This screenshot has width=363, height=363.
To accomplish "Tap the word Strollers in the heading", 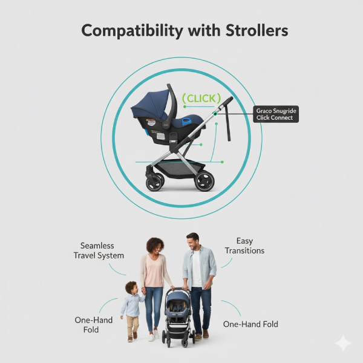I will pos(255,31).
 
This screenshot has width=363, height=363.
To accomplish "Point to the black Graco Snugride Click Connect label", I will pos(276,114).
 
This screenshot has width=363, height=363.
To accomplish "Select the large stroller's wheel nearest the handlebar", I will pos(204,180).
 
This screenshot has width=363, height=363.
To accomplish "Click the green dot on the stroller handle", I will pos(215,112).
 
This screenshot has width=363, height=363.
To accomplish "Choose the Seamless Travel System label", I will pos(102,250).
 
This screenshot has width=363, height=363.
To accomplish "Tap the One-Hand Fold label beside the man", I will pos(250,324).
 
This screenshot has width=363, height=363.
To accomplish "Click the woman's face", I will pos(154,247).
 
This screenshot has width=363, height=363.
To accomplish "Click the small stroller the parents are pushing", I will pos(178,315).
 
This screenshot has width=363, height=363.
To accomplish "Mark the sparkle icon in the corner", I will pos(343,343).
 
